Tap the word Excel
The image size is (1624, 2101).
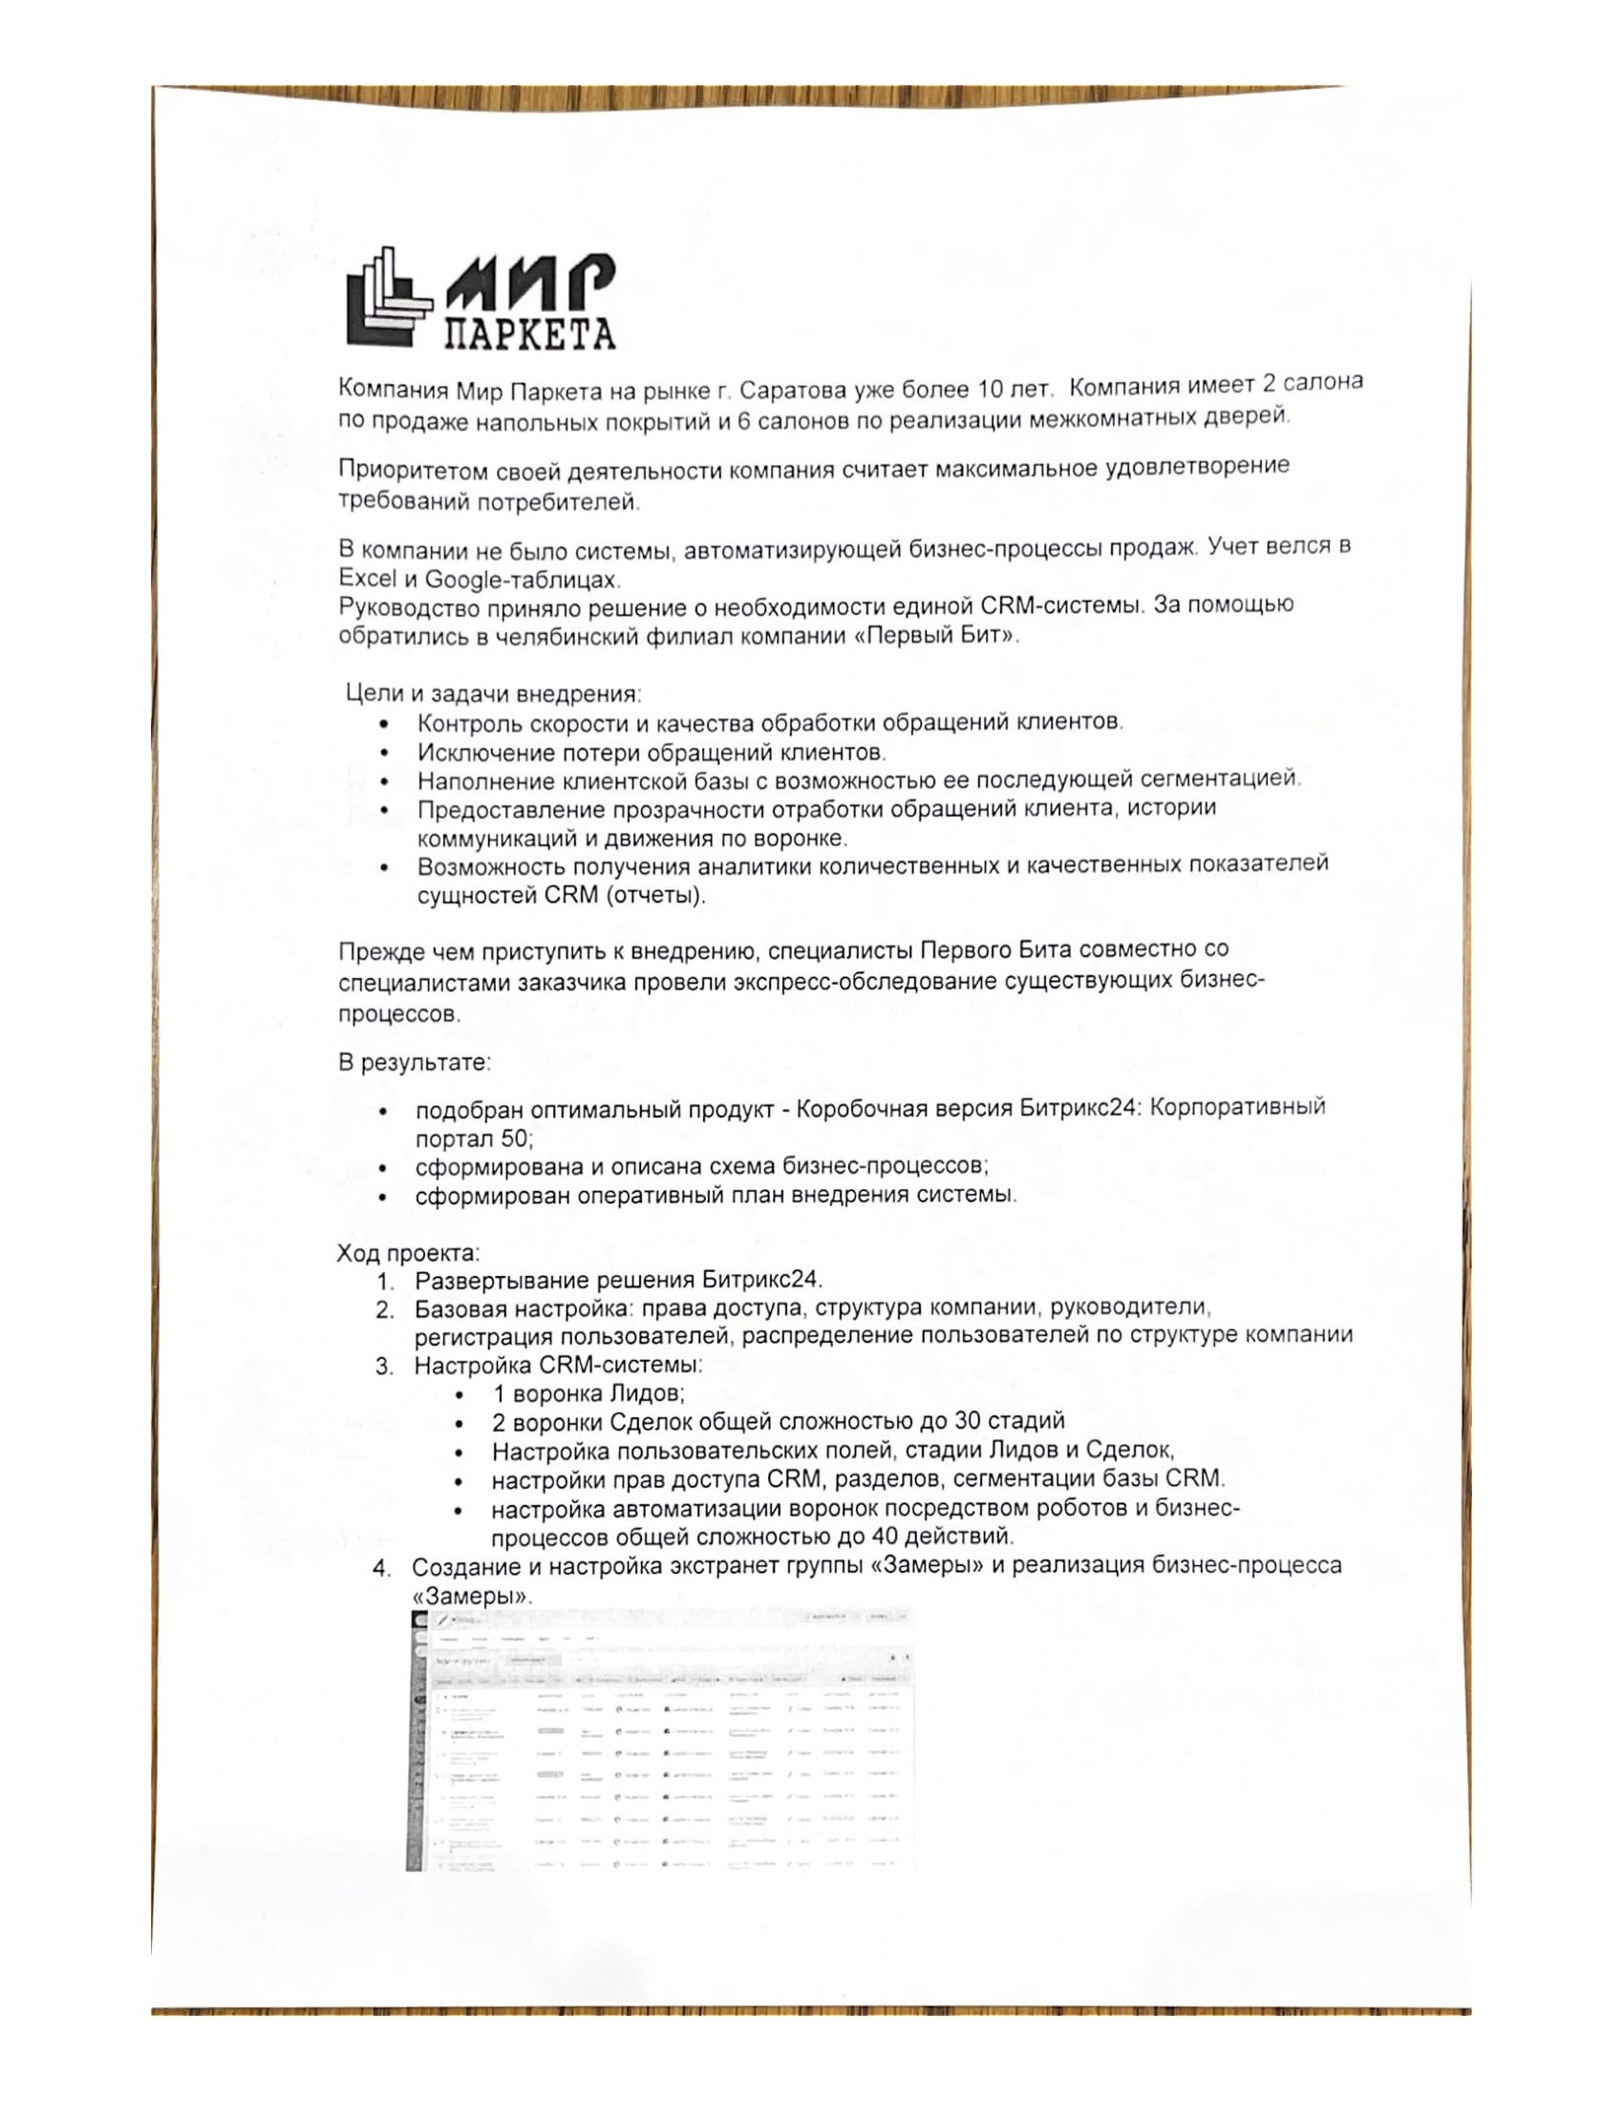pos(368,579)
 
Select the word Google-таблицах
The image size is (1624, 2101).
pos(521,580)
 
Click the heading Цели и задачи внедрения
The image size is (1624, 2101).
pos(493,693)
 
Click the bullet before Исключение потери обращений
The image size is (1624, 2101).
pos(385,753)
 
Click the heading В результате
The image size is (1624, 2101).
pos(415,1063)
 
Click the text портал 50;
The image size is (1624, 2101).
pos(475,1138)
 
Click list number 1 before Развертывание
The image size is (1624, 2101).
pos(385,1283)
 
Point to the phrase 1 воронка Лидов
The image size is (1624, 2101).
pos(588,1394)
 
